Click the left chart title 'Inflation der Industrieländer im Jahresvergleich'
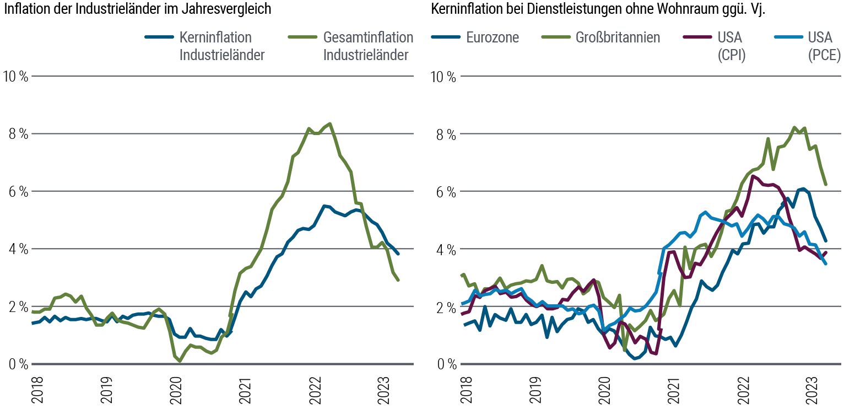point(138,9)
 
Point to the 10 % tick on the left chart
point(15,76)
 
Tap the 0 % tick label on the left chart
point(15,364)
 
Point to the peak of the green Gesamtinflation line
point(329,123)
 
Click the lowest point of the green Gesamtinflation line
point(180,361)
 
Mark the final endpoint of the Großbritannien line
point(825,185)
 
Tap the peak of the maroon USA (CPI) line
point(753,176)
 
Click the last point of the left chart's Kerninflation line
point(398,253)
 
